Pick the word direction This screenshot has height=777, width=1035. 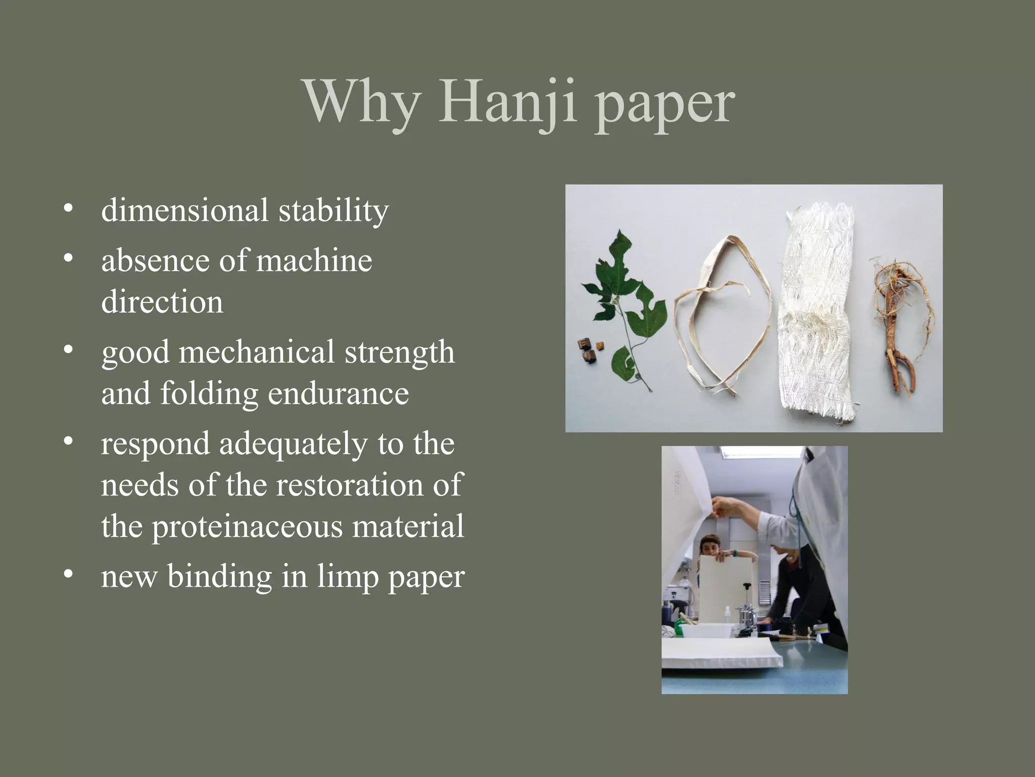pyautogui.click(x=162, y=302)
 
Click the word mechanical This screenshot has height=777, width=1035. pyautogui.click(x=256, y=352)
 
